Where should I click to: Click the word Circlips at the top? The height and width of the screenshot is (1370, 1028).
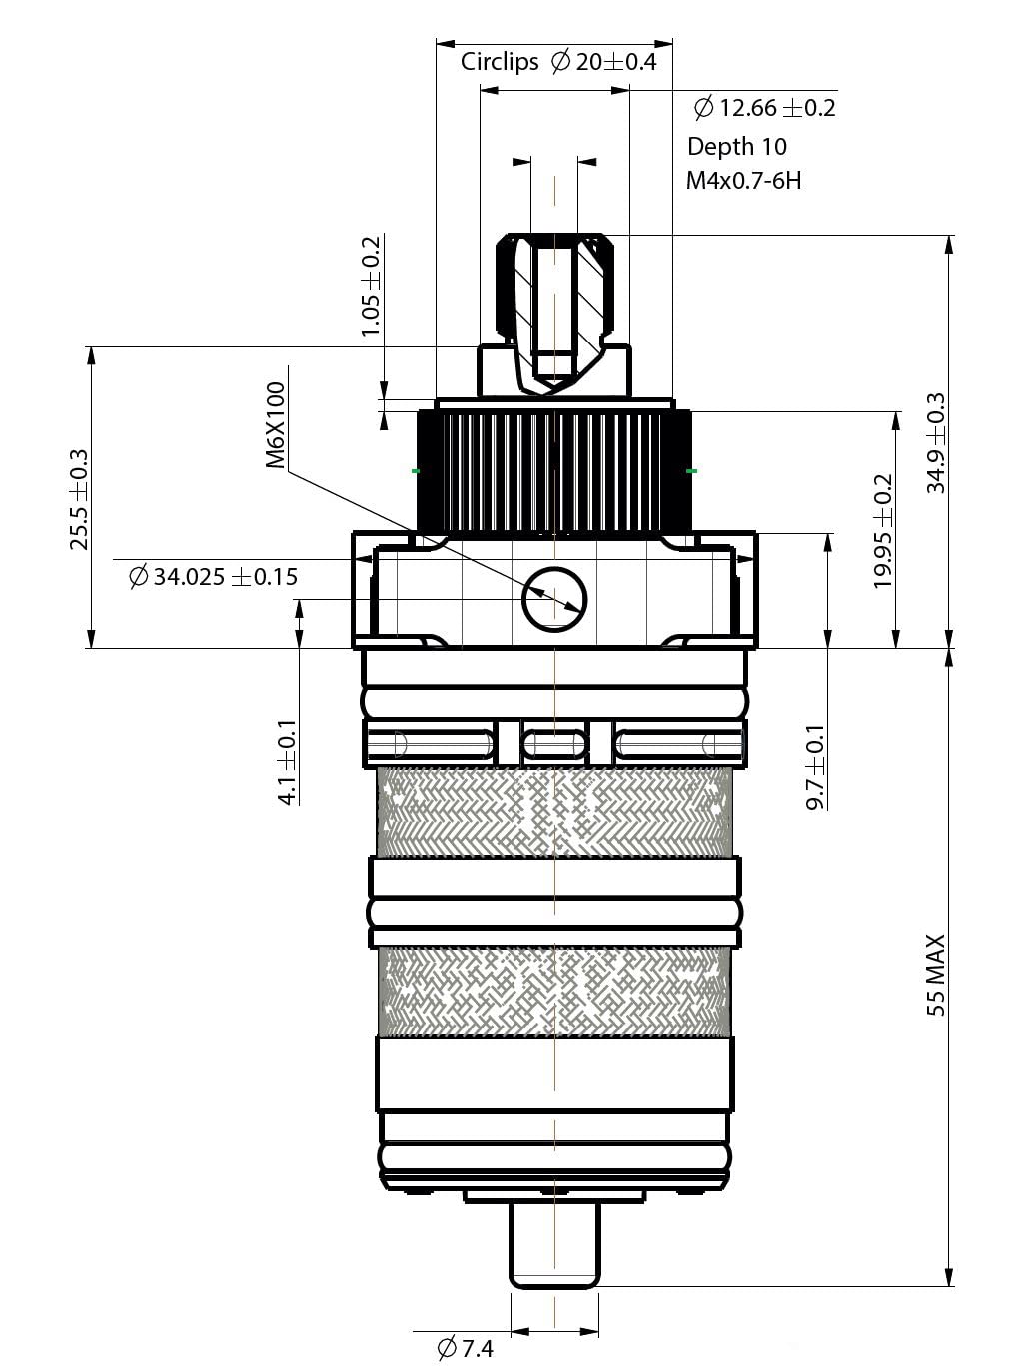tap(500, 62)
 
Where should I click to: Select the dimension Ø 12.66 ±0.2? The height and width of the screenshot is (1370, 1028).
tap(764, 107)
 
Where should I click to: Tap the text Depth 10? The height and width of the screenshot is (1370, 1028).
tap(737, 147)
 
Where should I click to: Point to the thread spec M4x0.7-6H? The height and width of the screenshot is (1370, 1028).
tap(743, 181)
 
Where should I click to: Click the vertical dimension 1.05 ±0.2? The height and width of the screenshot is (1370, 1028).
tap(371, 286)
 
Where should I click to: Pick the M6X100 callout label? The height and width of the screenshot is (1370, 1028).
tap(276, 425)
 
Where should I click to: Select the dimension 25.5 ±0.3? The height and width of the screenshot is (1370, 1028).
tap(79, 499)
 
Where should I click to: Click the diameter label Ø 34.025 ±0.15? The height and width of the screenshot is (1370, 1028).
tap(214, 577)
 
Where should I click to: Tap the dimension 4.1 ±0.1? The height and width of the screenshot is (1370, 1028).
tap(287, 762)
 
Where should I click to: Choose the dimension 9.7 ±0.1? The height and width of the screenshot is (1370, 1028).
tap(816, 767)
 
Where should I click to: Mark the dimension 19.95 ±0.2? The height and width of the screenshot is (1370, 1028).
tap(883, 531)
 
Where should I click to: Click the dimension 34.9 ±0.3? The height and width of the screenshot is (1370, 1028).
tap(935, 442)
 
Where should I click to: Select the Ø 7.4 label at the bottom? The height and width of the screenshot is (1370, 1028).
tap(466, 1348)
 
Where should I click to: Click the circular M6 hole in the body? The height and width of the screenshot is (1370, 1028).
tap(554, 599)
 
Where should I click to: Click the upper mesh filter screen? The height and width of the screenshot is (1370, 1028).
tap(554, 811)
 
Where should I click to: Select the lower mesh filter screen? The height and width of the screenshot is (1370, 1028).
tap(554, 991)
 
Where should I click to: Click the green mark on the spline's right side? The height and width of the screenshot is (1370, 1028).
tap(693, 469)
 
